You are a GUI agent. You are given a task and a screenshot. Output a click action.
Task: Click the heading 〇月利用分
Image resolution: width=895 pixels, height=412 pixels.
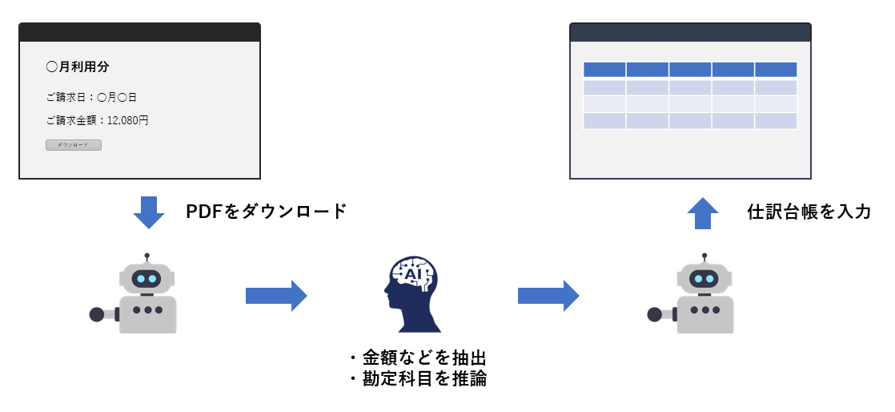(x=77, y=67)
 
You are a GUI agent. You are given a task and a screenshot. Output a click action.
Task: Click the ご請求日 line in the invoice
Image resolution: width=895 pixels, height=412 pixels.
(x=91, y=98)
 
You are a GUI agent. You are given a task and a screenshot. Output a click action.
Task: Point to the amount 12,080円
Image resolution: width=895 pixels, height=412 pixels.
(x=127, y=121)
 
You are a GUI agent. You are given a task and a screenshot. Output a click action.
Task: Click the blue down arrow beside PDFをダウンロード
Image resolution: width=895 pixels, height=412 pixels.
(x=148, y=212)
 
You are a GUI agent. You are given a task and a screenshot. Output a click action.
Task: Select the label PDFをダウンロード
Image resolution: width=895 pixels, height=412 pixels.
(x=267, y=212)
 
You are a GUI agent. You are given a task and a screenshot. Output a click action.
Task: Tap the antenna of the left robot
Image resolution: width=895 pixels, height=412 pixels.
(x=146, y=257)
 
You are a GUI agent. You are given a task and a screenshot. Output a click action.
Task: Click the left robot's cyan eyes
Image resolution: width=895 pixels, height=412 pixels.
(x=146, y=279)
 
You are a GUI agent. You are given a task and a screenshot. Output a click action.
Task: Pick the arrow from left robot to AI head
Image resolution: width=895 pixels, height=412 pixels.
(x=275, y=296)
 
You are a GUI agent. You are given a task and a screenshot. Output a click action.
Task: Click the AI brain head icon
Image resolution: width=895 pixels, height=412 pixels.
(x=412, y=294)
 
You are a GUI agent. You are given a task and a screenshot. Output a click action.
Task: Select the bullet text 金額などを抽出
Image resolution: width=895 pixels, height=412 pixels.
(x=423, y=357)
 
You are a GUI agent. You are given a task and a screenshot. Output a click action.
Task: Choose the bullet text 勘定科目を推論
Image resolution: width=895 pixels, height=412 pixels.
(x=423, y=379)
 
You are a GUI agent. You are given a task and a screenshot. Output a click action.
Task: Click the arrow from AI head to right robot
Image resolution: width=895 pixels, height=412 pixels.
(x=548, y=296)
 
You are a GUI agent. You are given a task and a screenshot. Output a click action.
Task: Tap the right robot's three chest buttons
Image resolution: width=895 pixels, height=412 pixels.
(x=704, y=309)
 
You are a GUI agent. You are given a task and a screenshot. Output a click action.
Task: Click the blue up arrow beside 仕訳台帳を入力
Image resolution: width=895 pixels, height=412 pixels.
(x=704, y=213)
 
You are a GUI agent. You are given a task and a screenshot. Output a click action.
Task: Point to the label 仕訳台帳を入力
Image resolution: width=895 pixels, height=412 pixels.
(x=809, y=212)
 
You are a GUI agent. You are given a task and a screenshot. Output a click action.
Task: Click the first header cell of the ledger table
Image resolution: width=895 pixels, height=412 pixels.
(x=604, y=70)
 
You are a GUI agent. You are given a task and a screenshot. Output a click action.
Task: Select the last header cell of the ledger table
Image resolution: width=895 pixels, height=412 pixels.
(x=776, y=70)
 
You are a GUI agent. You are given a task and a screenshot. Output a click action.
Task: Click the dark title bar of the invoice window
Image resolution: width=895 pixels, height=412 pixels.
(x=139, y=32)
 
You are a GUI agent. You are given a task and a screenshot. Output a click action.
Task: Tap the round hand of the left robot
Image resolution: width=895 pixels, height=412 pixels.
(x=97, y=314)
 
